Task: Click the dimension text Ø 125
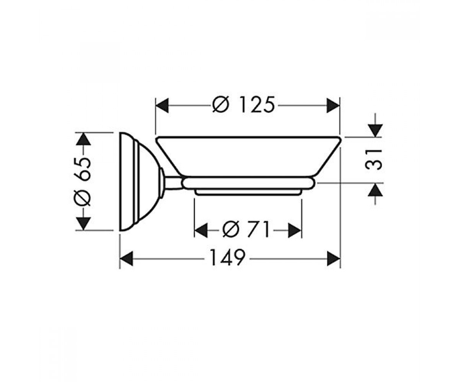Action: [x=244, y=105]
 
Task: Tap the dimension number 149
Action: [x=228, y=257]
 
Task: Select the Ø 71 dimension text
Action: [x=246, y=230]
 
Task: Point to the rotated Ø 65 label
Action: [x=83, y=181]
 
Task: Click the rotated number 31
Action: [x=373, y=159]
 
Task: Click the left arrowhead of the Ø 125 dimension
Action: [x=162, y=105]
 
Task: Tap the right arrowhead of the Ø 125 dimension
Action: [x=333, y=105]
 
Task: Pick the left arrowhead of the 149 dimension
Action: [x=126, y=259]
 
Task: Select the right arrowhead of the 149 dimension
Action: [x=334, y=259]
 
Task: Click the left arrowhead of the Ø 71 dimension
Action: [x=201, y=230]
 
